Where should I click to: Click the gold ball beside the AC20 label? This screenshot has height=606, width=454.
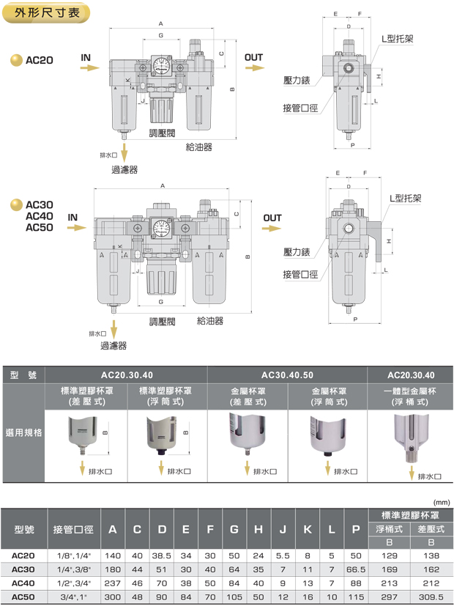tap(15, 62)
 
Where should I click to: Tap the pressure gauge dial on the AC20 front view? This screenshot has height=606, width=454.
tap(161, 64)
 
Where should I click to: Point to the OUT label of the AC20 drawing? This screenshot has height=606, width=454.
tap(253, 57)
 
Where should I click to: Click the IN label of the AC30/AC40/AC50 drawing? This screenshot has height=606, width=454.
tap(73, 218)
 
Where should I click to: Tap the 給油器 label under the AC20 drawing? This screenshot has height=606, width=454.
tap(199, 147)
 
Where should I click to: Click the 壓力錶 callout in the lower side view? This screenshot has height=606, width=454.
tap(297, 252)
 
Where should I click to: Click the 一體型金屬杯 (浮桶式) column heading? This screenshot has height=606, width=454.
tap(414, 396)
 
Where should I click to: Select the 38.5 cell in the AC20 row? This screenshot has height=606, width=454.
tap(162, 556)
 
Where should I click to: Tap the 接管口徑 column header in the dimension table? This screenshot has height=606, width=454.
tap(73, 529)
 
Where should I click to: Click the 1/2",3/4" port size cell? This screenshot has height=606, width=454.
tap(73, 583)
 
